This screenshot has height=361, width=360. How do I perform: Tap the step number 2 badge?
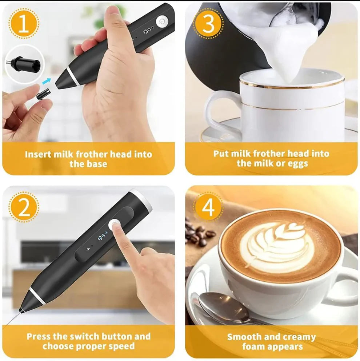[24, 207]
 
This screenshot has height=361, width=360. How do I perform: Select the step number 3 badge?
[208, 24]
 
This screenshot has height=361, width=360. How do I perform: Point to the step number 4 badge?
[208, 207]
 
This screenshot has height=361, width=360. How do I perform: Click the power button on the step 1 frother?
[163, 21]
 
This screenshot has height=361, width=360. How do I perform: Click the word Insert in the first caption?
[37, 154]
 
